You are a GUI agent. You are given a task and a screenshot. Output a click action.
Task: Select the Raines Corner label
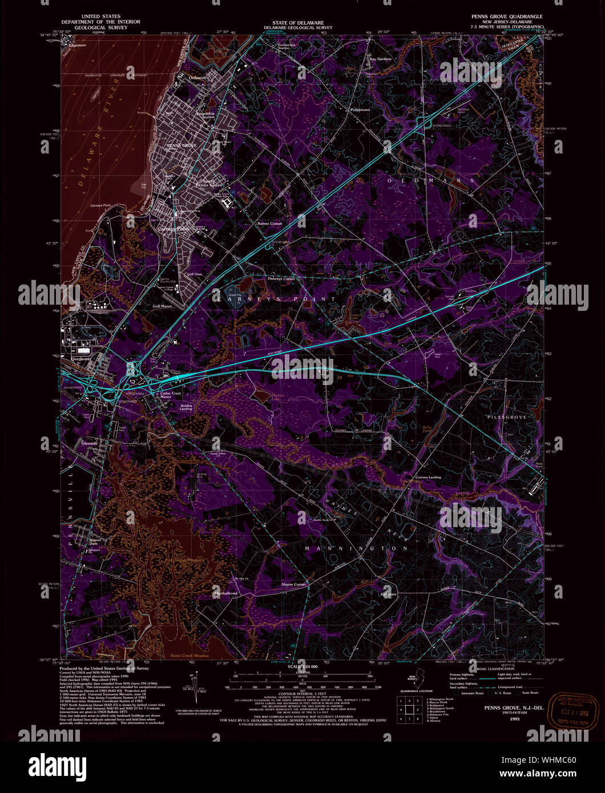270,224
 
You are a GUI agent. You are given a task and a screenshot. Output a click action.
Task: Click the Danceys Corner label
281,279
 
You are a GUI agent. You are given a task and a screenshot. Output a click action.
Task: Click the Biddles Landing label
185,407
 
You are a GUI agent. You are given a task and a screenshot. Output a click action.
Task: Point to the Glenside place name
90,443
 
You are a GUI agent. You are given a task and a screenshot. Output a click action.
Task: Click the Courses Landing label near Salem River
428,477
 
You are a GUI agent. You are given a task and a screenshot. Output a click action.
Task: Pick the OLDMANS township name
431,180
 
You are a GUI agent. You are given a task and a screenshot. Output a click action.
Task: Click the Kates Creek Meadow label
190,657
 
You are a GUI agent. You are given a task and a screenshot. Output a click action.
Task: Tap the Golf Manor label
163,306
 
